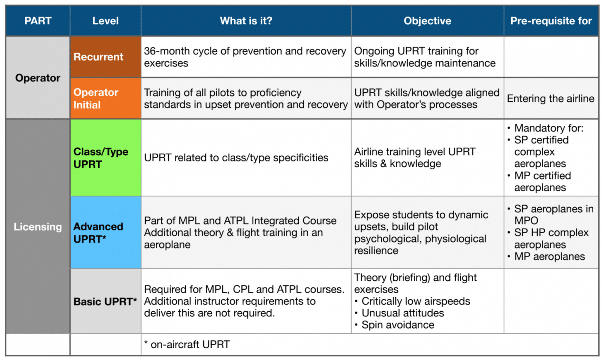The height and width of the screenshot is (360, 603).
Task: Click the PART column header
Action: [x=38, y=21]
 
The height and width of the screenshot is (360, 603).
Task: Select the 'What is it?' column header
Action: [x=246, y=21]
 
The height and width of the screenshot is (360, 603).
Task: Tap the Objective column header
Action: [x=427, y=21]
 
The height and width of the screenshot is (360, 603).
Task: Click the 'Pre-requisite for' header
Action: [x=551, y=21]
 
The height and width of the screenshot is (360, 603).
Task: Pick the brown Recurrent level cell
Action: [x=105, y=57]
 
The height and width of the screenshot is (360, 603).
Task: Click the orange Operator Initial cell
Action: [x=105, y=99]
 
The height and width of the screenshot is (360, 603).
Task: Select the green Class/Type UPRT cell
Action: [x=105, y=158]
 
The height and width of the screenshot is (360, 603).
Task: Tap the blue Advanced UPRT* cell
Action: [x=105, y=232]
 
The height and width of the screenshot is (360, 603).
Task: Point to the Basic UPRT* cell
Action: [x=105, y=302]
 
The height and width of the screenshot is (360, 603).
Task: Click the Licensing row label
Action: [x=38, y=227]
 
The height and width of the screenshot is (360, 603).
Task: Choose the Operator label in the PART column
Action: [x=38, y=78]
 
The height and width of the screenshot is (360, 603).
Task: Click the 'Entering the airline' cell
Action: [x=550, y=99]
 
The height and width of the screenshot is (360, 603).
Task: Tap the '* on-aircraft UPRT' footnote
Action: [x=187, y=345]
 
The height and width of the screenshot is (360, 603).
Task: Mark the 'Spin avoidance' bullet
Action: [x=397, y=325]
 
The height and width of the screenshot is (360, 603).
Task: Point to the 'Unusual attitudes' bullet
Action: [x=402, y=313]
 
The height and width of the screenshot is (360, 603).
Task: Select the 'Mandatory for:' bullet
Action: [x=548, y=128]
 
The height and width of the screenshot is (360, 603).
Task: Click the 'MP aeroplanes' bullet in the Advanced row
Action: [x=549, y=257]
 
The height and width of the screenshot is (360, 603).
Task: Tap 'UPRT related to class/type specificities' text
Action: [x=236, y=158]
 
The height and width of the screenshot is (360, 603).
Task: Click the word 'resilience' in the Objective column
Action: [x=376, y=251]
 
